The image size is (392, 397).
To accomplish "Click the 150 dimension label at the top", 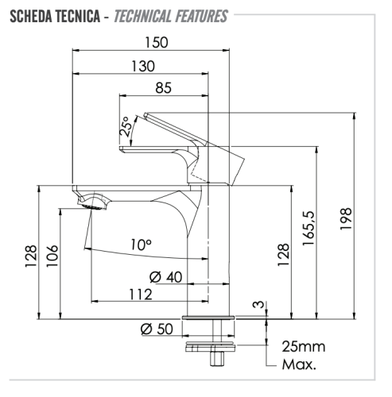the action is coord(157,43).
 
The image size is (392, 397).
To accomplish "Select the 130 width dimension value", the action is coord(143,67).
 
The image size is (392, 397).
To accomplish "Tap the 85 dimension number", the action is coord(164,87).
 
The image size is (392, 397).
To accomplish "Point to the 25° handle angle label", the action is coord(126,126).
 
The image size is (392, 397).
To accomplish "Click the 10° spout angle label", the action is coord(141,245).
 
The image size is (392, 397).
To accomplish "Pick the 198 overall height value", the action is coord(346,219).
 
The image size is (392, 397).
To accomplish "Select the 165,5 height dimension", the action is coord(309,228).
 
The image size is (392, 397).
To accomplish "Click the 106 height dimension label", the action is coord(52,256).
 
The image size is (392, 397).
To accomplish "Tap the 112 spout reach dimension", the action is coord(141,295).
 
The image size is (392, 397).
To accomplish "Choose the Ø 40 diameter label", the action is coord(165,277).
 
